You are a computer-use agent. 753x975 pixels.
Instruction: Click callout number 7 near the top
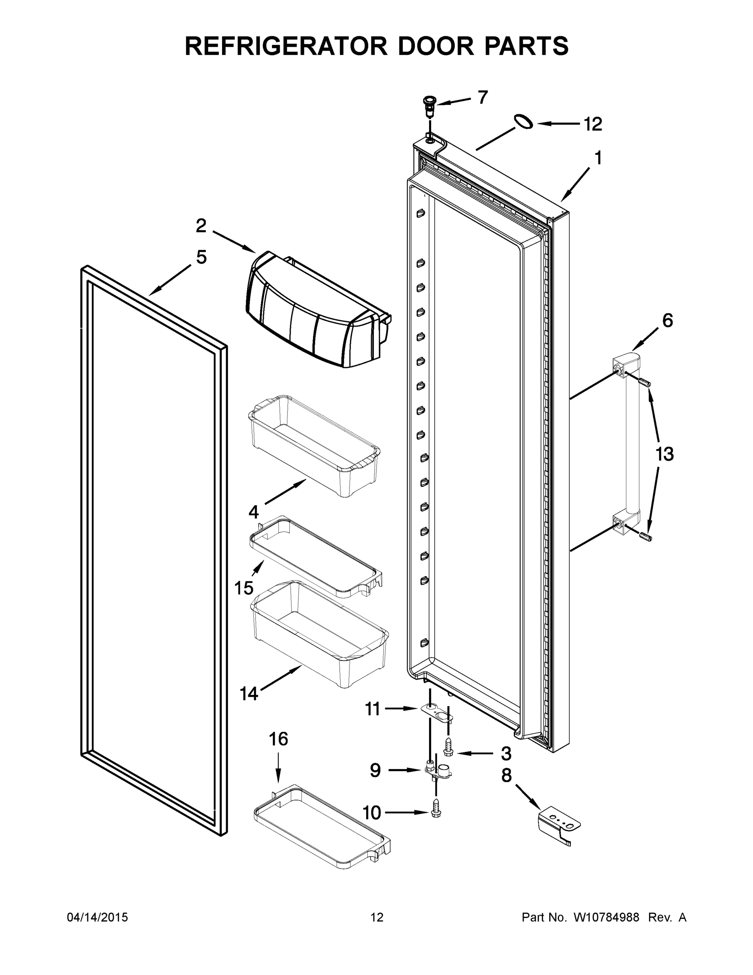click(483, 97)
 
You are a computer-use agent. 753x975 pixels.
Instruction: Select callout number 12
click(593, 124)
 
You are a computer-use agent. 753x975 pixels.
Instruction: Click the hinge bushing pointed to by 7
click(429, 103)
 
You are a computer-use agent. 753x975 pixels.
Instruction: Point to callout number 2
click(201, 226)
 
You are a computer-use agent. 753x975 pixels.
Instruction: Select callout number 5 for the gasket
click(202, 258)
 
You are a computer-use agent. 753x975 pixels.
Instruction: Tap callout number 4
click(253, 512)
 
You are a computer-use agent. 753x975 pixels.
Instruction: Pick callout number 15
click(244, 588)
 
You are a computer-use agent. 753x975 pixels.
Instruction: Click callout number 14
click(249, 694)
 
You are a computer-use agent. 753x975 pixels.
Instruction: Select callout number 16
click(278, 739)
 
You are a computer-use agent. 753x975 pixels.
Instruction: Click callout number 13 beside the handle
click(664, 455)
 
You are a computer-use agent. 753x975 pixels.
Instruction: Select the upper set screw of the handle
click(645, 383)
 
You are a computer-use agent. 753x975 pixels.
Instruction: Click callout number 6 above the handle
click(667, 321)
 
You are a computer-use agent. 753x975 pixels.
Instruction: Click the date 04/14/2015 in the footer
click(97, 917)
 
